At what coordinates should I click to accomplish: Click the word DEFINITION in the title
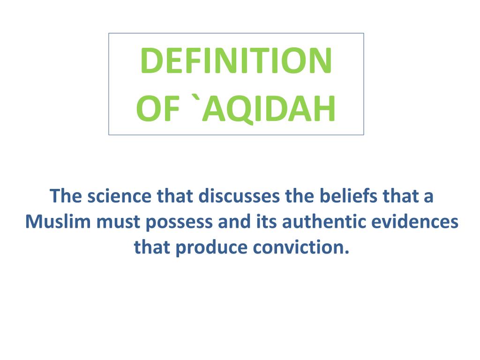[236, 61]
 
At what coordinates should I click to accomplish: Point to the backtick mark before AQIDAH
[192, 99]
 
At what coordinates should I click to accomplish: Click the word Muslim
[58, 221]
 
